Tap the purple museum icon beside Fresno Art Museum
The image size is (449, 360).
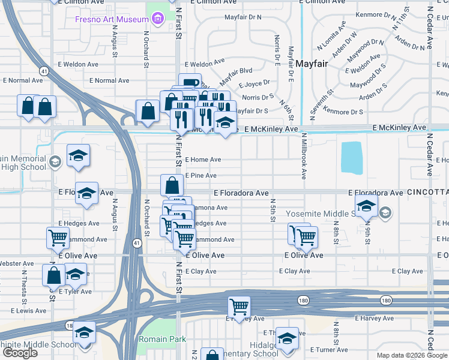158,19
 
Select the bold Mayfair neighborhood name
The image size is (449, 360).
310,62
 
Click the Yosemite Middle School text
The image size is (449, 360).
324,213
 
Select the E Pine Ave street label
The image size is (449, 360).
200,176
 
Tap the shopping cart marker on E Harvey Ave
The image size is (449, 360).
240,307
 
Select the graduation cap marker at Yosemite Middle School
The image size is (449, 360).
366,205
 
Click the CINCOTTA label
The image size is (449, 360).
427,193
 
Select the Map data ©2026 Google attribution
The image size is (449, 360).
412,355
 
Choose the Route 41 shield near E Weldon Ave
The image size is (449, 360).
44,71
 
